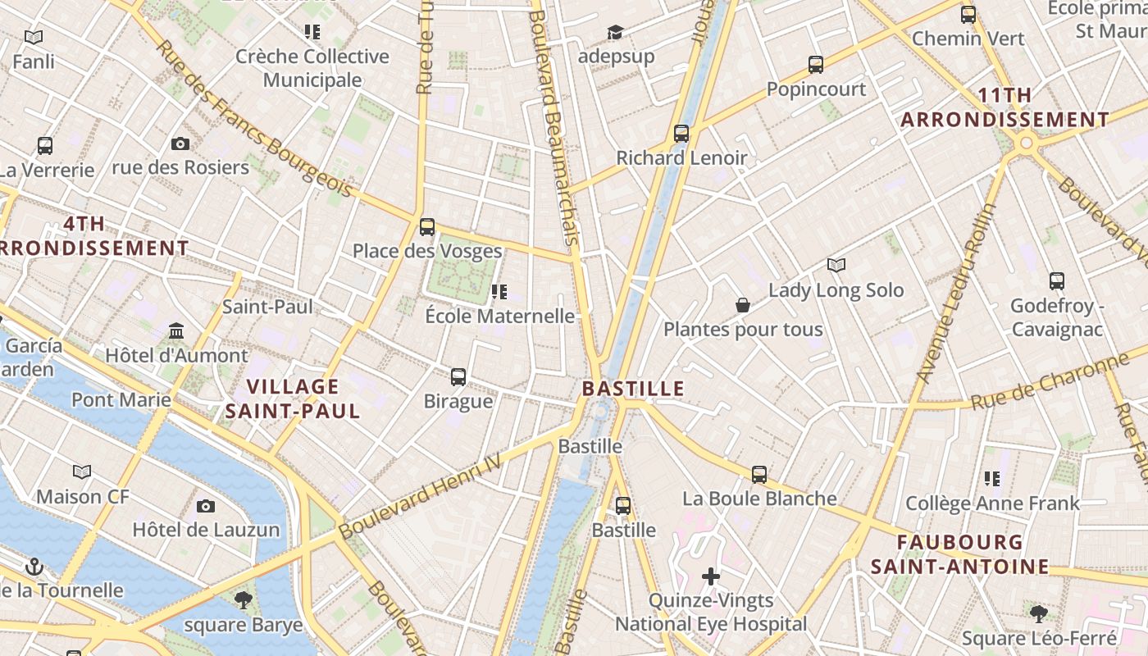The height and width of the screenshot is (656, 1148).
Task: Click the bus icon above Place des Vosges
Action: (x=426, y=227)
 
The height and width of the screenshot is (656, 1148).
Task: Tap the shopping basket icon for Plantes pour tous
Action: (x=743, y=306)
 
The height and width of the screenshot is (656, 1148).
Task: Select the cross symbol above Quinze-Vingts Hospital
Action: (x=711, y=577)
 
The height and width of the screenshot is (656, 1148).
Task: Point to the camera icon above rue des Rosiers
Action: (x=180, y=144)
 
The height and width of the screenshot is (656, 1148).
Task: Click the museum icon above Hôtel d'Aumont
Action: (x=176, y=331)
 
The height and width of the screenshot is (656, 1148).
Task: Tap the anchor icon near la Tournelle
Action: (x=34, y=567)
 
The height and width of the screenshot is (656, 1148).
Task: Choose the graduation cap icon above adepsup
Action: (x=615, y=33)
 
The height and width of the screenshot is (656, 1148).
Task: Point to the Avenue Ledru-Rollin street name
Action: (x=956, y=294)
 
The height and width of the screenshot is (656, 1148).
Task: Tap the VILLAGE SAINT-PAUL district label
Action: (x=293, y=399)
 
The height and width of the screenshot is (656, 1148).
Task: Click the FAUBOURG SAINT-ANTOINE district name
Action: (x=959, y=554)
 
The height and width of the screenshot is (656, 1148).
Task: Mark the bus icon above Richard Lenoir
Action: (x=681, y=134)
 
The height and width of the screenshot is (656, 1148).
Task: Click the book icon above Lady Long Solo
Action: (x=836, y=266)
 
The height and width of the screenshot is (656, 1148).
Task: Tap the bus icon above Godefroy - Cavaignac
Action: (x=1057, y=281)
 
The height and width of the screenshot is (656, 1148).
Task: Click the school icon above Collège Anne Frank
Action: (x=992, y=479)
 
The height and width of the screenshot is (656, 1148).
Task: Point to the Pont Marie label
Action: (x=121, y=400)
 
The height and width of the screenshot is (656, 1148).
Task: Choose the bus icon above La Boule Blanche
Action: (x=759, y=475)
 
